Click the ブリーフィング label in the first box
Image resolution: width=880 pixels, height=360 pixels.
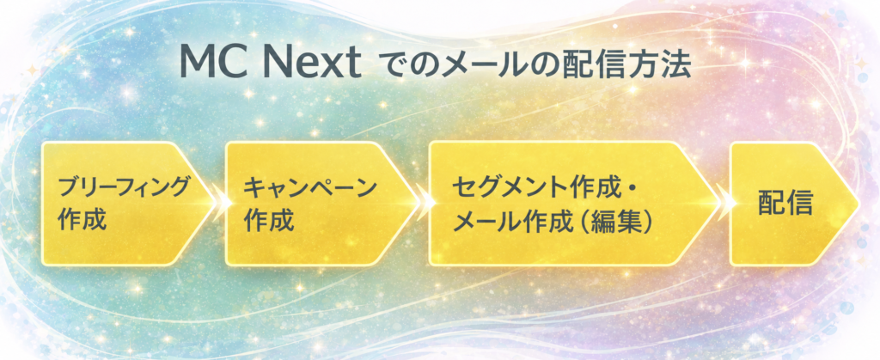(123, 187)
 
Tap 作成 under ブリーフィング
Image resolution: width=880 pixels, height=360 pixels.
(82, 219)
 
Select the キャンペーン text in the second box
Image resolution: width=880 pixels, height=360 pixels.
(309, 187)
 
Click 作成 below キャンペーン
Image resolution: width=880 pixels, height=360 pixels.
(268, 219)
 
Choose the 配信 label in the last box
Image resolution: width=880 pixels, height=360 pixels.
(785, 204)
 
